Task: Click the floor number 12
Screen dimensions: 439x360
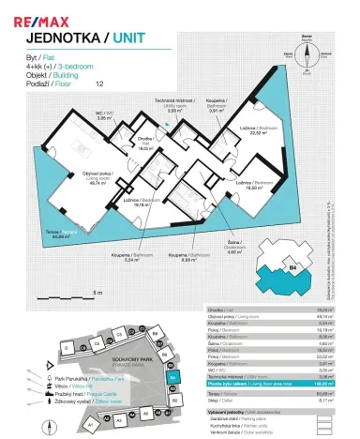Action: click(99, 83)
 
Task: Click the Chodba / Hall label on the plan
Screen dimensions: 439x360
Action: click(145, 144)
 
